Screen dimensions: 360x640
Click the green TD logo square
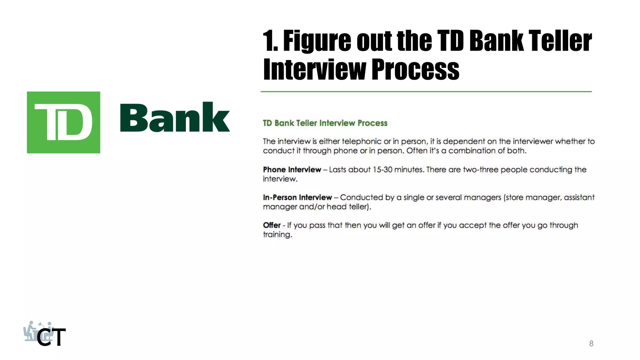(x=63, y=122)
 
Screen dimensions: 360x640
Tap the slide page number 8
(x=591, y=343)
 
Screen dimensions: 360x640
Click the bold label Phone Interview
(x=292, y=170)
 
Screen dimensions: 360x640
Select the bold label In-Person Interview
(x=297, y=197)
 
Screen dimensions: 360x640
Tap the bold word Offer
(x=272, y=225)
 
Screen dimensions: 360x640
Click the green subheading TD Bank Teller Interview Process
(x=325, y=123)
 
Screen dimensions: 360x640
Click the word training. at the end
(x=277, y=235)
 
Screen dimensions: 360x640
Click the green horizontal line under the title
(x=426, y=92)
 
